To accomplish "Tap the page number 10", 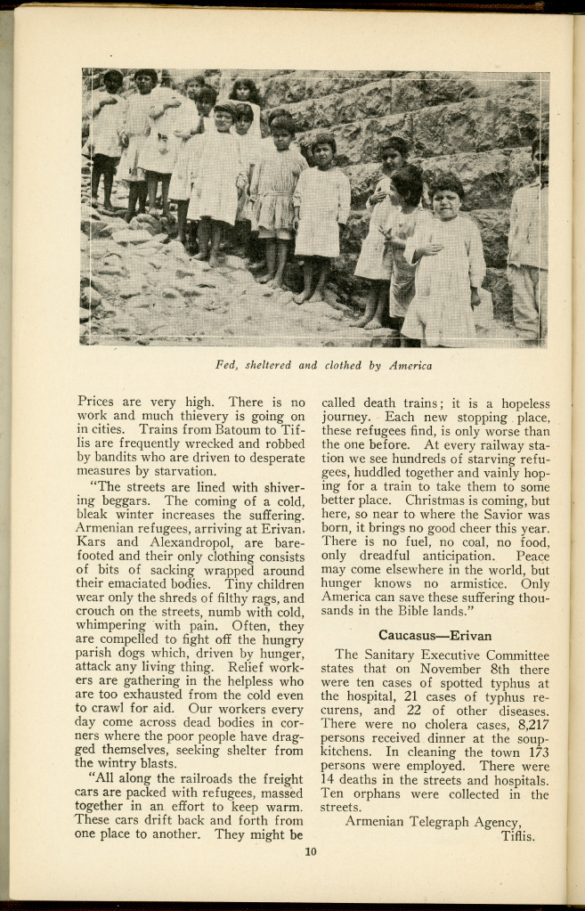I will (x=311, y=851).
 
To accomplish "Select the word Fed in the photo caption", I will (x=227, y=365).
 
